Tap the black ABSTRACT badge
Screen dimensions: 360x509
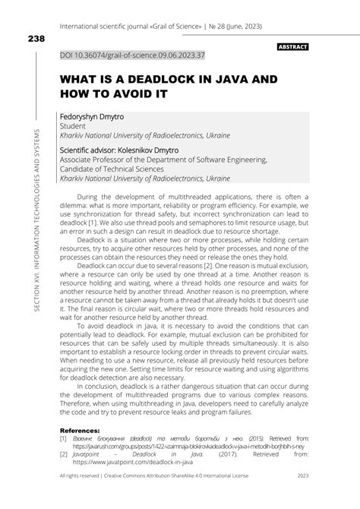[x=292, y=47]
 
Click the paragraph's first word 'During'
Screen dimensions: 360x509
[x=93, y=195]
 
